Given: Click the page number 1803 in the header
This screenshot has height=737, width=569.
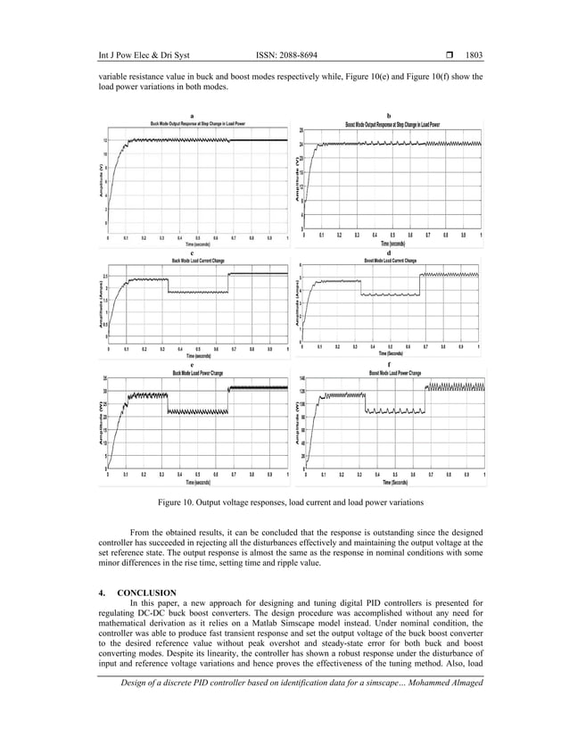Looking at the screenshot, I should click(470, 54).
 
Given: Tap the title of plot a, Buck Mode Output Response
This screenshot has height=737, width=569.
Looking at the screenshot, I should click(197, 123).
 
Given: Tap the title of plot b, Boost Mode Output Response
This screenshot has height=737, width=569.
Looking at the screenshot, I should click(392, 124).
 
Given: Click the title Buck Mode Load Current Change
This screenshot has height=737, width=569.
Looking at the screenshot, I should click(198, 260).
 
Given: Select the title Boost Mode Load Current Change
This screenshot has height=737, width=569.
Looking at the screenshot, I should click(390, 261).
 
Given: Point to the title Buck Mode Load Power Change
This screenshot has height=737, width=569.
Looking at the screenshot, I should click(197, 371).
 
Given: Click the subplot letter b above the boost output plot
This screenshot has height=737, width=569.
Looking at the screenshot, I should click(389, 115).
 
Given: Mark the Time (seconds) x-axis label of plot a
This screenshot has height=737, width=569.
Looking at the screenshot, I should click(197, 243).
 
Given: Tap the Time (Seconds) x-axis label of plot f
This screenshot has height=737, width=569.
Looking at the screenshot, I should click(394, 482).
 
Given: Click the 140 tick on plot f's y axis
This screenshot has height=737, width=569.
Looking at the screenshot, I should click(302, 379).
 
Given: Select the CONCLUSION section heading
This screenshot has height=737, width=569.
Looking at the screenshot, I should click(147, 593).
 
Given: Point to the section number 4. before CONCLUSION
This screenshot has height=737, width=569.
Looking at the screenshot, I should click(102, 593).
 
